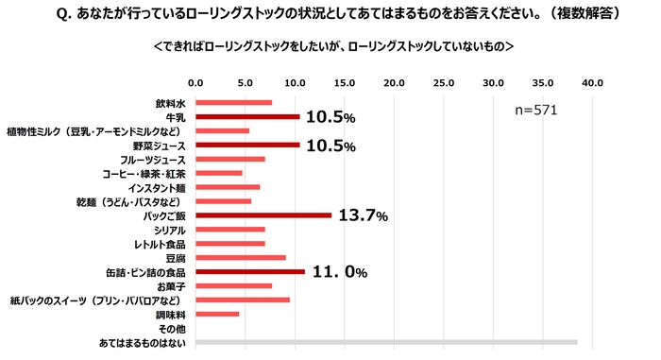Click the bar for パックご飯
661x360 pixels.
263,215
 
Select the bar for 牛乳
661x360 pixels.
247,117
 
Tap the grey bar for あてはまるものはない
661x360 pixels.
385,342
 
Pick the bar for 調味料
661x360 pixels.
217,314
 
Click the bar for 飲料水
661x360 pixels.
233,103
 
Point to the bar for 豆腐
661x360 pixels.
240,257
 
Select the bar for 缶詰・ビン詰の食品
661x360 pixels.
250,272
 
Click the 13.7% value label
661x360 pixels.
363,216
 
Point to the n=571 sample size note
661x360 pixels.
535,111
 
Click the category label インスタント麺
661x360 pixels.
157,187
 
